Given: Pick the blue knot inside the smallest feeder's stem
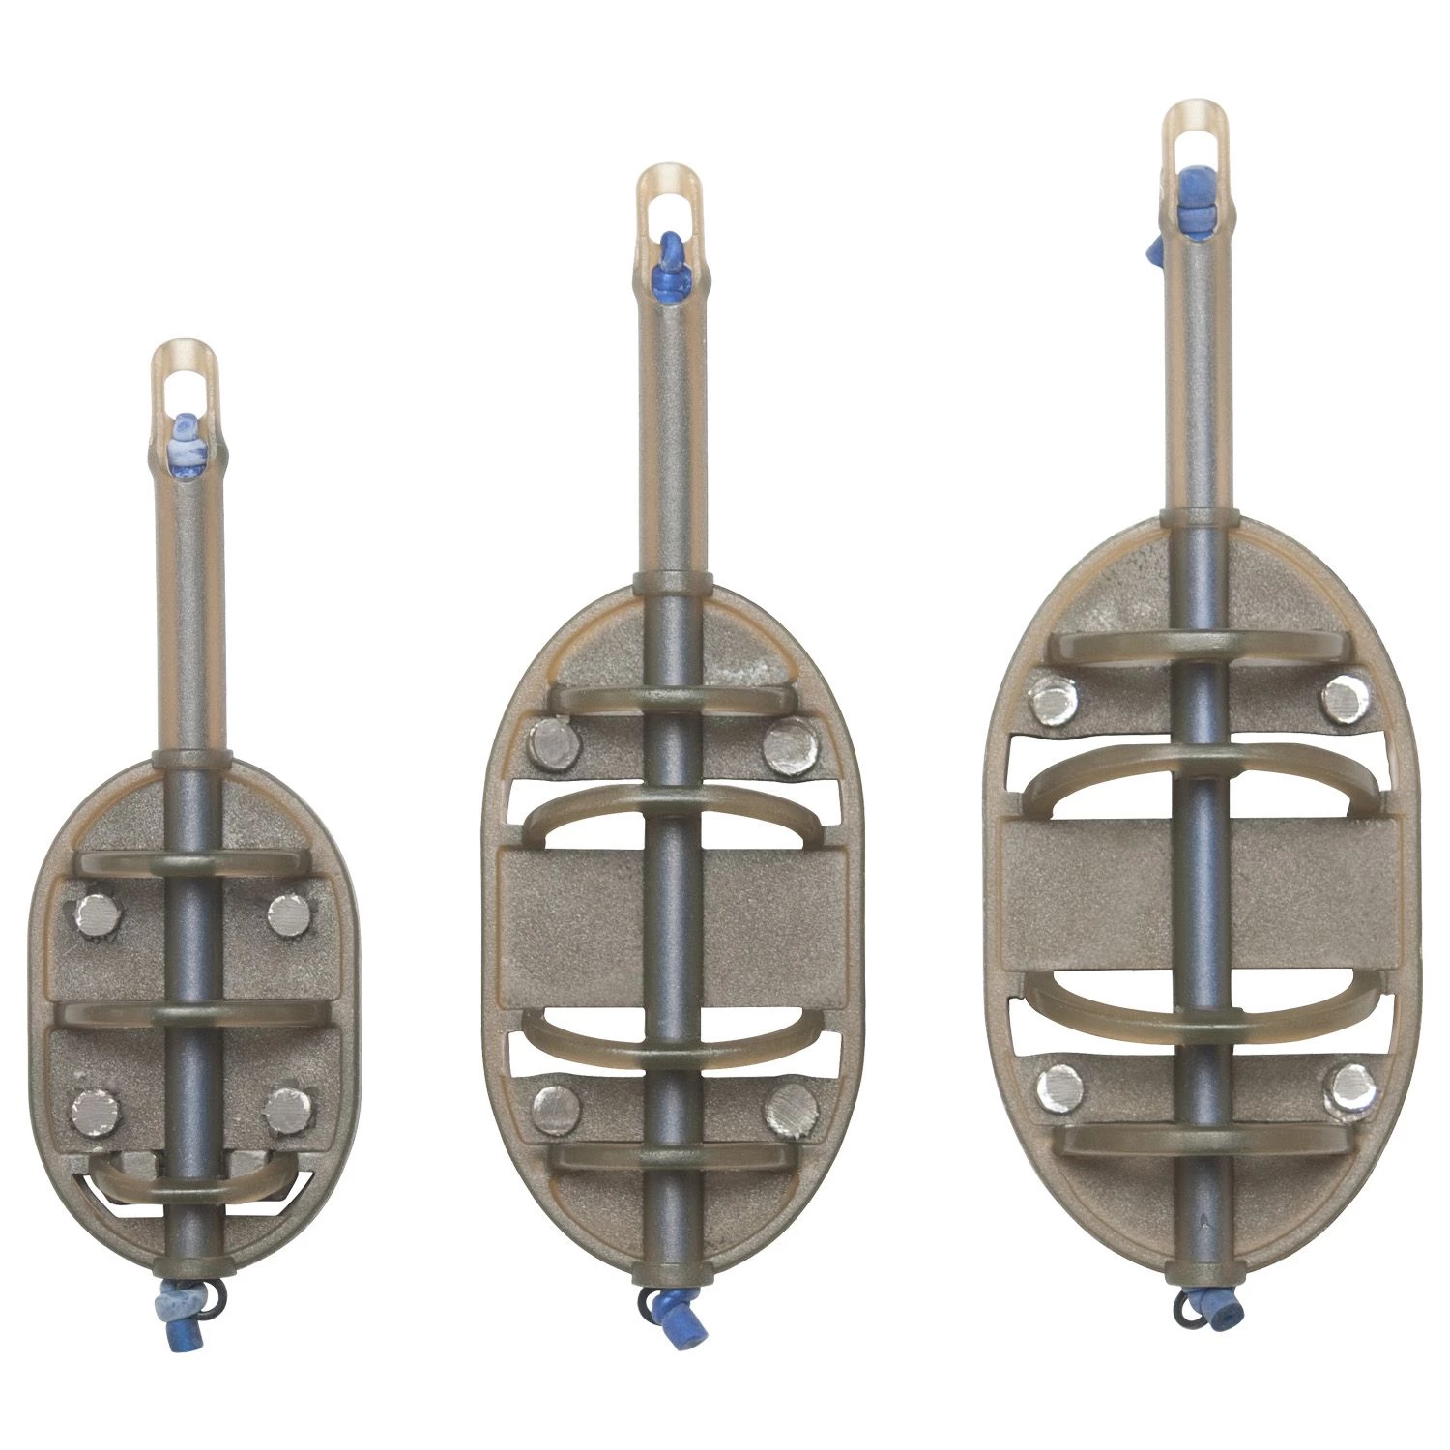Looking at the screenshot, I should pyautogui.click(x=185, y=441).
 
